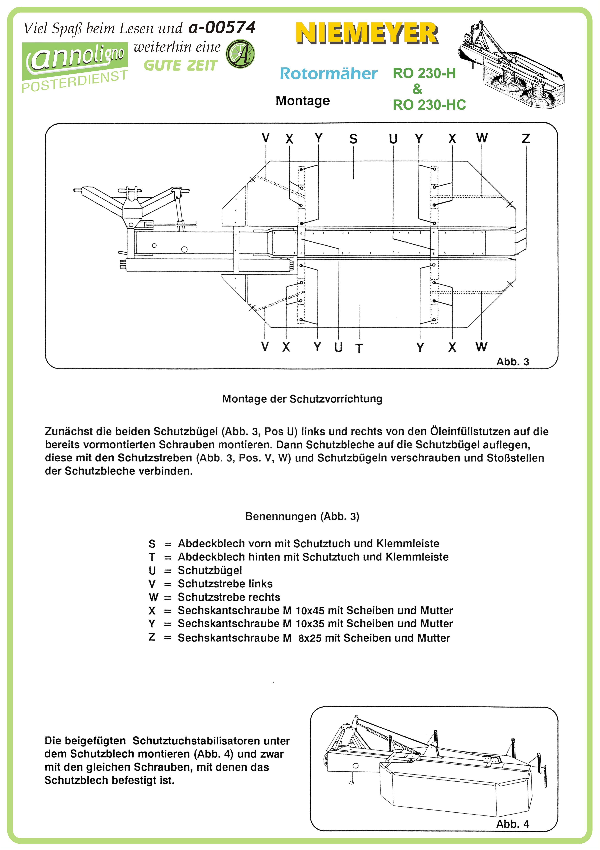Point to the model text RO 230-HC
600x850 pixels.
pyautogui.click(x=429, y=105)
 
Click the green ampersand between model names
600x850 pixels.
pyautogui.click(x=417, y=89)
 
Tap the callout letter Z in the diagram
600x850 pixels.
pyautogui.click(x=526, y=138)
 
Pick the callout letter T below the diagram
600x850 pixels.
pyautogui.click(x=359, y=348)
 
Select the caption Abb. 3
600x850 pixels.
pyautogui.click(x=513, y=362)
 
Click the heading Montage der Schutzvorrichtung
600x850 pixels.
pyautogui.click(x=302, y=399)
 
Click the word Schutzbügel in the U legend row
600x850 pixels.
pyautogui.click(x=210, y=570)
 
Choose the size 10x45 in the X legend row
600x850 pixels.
pyautogui.click(x=310, y=610)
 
